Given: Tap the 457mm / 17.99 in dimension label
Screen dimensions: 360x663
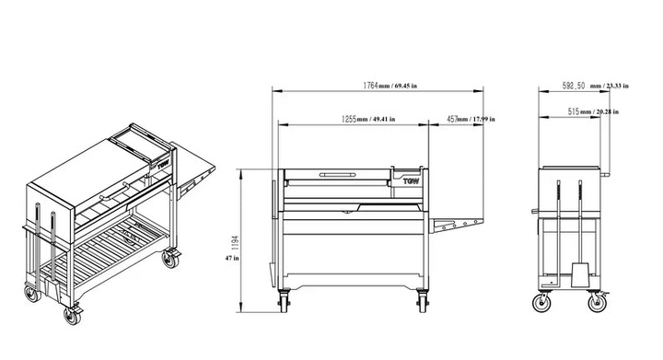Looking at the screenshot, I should tap(471, 119).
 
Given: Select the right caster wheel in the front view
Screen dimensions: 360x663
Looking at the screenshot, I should tap(422, 300).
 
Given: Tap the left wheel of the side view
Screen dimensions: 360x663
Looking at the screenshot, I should tap(539, 303).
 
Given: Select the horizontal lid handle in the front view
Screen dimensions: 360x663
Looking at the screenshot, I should tap(338, 173).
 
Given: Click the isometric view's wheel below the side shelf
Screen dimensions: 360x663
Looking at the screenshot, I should tap(169, 258).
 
